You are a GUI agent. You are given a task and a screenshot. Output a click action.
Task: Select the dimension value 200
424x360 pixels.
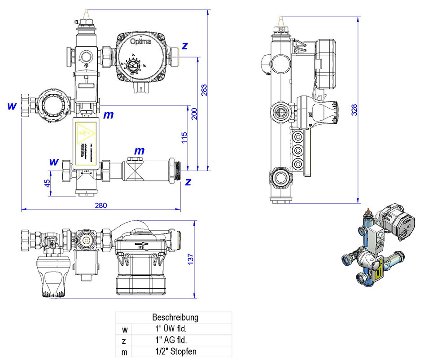[x=194, y=114]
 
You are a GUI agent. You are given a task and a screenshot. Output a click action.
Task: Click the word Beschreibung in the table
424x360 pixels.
[x=175, y=317]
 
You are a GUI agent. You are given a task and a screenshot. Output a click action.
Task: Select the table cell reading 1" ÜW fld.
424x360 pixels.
[x=175, y=329]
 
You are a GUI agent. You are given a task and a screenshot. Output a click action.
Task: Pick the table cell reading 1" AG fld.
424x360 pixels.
[x=175, y=340]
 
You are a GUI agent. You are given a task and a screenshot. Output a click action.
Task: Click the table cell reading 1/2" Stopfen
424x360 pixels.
[x=175, y=352]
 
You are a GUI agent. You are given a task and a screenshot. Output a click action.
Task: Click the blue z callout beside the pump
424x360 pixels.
[x=184, y=46]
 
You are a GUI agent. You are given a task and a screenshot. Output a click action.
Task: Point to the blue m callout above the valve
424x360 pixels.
[x=140, y=151]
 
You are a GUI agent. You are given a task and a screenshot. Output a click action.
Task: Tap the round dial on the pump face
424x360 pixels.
[x=132, y=66]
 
